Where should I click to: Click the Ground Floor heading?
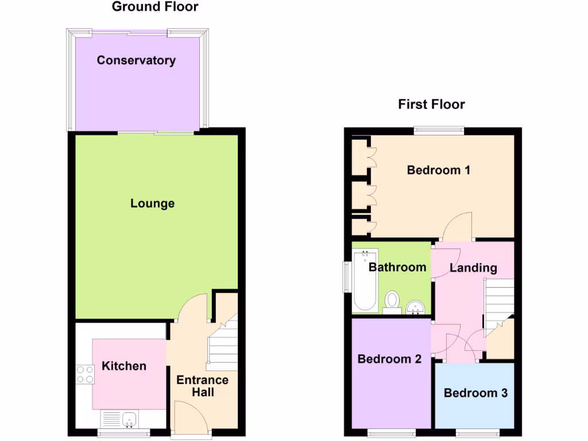click(x=155, y=7)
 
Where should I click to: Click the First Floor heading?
click(x=431, y=104)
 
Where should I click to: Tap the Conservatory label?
click(x=136, y=60)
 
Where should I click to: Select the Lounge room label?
click(x=152, y=203)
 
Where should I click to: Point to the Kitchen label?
click(x=124, y=366)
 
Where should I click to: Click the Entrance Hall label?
click(x=202, y=386)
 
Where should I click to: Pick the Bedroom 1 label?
click(x=439, y=170)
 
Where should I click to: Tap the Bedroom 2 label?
click(x=389, y=359)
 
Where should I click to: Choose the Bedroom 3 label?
click(x=475, y=393)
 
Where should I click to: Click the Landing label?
click(x=473, y=268)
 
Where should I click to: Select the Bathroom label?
click(x=397, y=267)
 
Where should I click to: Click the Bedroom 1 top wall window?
click(x=439, y=130)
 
